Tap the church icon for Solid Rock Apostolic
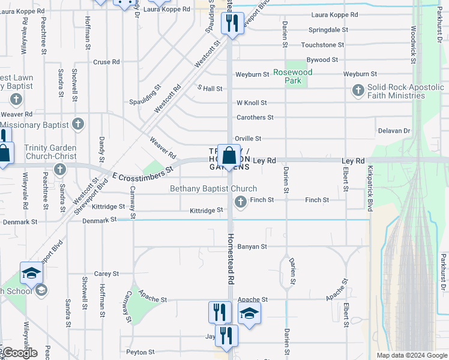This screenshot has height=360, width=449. pyautogui.click(x=358, y=91)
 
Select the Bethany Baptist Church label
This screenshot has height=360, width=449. pyautogui.click(x=213, y=188)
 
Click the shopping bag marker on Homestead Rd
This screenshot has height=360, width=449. pyautogui.click(x=229, y=157)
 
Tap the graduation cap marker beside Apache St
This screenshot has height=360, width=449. pyautogui.click(x=250, y=313)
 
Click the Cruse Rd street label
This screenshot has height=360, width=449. pyautogui.click(x=107, y=62)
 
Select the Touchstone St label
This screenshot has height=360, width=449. pyautogui.click(x=322, y=45)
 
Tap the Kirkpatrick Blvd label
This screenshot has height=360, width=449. pyautogui.click(x=370, y=188)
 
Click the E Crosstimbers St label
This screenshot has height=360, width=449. pyautogui.click(x=143, y=172)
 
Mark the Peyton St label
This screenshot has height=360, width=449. pyautogui.click(x=140, y=352)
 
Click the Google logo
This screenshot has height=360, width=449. pyautogui.click(x=20, y=353)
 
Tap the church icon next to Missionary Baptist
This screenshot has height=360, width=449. pyautogui.click(x=77, y=125)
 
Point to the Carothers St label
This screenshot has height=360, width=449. pyautogui.click(x=255, y=118)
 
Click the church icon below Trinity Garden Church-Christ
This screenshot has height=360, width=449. pyautogui.click(x=59, y=169)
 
